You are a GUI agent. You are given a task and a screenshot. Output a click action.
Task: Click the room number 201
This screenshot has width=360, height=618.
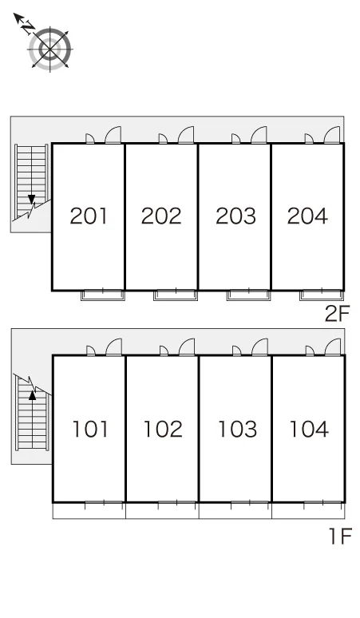[89, 216]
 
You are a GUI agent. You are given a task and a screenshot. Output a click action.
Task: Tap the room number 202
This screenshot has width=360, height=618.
[161, 216]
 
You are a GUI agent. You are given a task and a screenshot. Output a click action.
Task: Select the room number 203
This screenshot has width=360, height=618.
[235, 216]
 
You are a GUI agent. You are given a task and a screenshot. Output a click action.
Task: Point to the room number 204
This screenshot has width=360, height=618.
[307, 216]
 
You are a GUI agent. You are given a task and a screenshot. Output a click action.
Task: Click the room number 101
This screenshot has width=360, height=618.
[90, 430]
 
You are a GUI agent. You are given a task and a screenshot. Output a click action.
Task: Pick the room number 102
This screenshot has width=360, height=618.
[163, 430]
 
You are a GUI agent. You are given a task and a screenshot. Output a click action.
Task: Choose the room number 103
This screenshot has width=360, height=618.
[238, 430]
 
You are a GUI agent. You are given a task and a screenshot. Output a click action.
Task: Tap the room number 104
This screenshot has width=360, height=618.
[309, 430]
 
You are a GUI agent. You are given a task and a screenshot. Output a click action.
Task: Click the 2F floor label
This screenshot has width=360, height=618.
[337, 314]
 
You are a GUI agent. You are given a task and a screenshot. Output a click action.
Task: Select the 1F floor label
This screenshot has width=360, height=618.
[340, 536]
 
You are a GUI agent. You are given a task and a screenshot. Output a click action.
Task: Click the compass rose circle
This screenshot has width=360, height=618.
[50, 50]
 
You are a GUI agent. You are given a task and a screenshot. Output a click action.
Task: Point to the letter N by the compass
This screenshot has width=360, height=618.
[28, 27]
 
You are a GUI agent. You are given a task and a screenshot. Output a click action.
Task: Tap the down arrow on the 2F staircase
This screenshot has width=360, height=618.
[31, 200]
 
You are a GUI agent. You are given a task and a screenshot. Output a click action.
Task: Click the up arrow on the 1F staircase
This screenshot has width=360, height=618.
[32, 395]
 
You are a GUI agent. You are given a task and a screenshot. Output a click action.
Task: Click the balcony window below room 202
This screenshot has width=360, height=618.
[176, 295]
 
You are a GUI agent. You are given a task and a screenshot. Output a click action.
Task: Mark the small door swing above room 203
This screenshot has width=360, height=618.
[236, 139]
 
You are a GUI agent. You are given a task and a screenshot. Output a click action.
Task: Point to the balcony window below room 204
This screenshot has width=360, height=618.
[322, 295]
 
